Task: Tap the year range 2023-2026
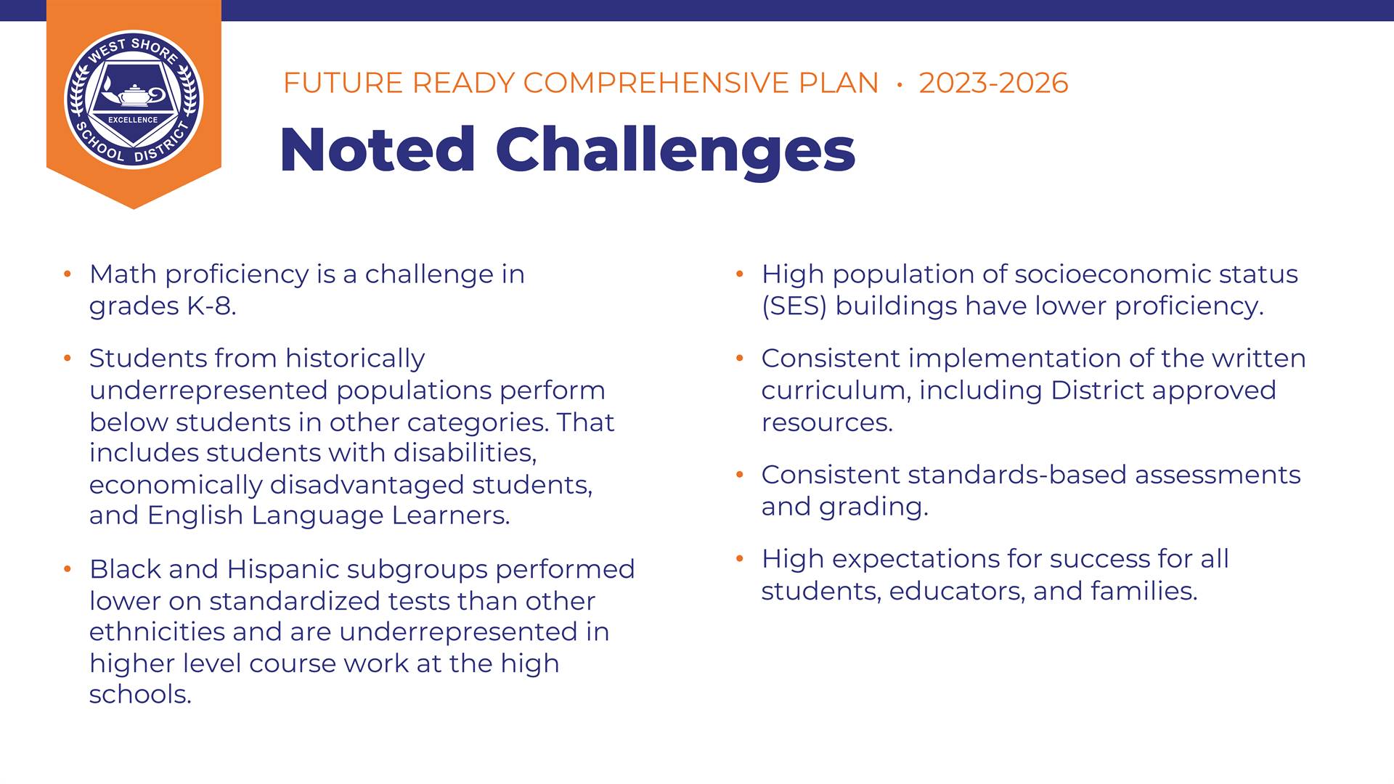(x=993, y=83)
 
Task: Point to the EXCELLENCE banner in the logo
(x=133, y=120)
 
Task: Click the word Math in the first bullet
(x=123, y=274)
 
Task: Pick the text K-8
(x=211, y=306)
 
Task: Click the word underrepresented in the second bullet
(x=208, y=391)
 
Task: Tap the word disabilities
(x=465, y=453)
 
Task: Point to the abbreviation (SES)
(x=794, y=306)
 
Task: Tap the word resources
(x=827, y=422)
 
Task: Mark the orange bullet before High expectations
(x=740, y=558)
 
